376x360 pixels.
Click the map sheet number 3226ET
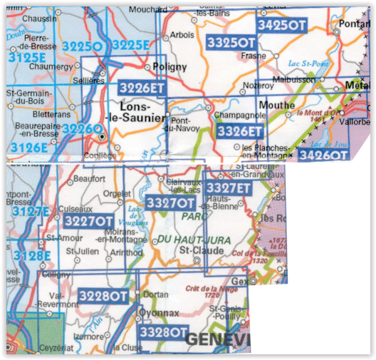point(142,88)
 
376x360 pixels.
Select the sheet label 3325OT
point(231,42)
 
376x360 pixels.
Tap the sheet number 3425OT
point(281,24)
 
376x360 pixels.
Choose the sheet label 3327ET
point(228,187)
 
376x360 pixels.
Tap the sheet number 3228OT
point(103,295)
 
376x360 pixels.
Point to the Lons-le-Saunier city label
point(135,113)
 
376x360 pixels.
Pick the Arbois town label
point(182,34)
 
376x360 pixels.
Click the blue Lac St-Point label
point(306,63)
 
